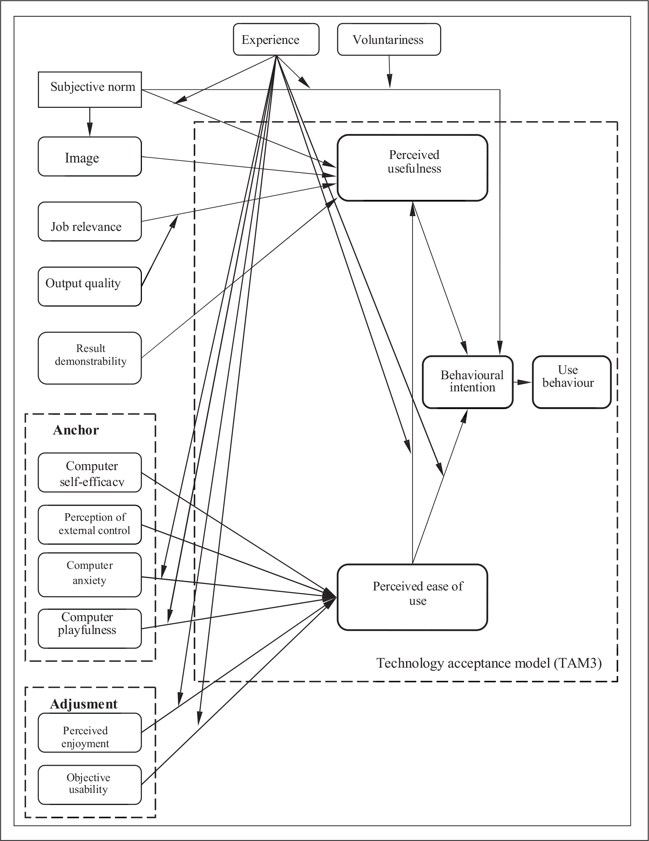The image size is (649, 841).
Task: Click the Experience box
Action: pos(276,39)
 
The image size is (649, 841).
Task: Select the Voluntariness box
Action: pos(389,39)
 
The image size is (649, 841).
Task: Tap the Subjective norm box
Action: pos(90,89)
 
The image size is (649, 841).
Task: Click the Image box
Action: pos(90,156)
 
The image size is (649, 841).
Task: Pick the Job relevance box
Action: pos(90,221)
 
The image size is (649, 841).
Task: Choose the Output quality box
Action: pos(90,287)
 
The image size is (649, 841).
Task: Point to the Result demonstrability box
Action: pos(90,358)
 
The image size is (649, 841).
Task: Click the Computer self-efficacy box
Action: pos(90,472)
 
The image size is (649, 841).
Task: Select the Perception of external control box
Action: pos(90,525)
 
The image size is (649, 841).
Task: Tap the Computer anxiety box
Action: pos(90,575)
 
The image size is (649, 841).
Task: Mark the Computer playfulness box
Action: pos(90,628)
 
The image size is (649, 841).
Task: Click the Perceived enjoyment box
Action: pos(90,732)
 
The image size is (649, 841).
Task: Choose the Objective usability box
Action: pos(90,785)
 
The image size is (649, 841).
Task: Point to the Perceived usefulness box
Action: pos(412,168)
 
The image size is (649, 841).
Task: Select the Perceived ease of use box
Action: pos(412,597)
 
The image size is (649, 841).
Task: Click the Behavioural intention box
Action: pos(468,382)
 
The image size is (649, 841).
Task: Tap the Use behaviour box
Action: pos(572,382)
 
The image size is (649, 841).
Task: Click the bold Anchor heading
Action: pos(76,430)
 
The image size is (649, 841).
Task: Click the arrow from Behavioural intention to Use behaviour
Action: pos(523,382)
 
